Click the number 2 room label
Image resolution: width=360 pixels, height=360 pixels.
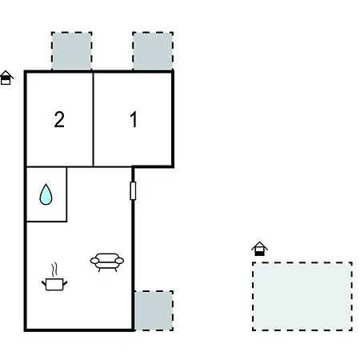pos(59,119)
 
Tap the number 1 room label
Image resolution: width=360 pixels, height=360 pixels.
pos(134,119)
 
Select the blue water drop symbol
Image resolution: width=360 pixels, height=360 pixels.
pos(46,194)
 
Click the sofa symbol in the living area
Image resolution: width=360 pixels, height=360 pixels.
pos(107,262)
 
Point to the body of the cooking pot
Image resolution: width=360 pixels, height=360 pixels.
pos(54,285)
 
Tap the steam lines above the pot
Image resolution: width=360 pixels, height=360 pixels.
pos(54,270)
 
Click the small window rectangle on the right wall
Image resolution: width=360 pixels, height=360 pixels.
pos(133,190)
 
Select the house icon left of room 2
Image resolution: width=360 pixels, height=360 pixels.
pos(6,78)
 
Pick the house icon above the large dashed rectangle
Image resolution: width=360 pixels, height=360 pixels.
pos(259,249)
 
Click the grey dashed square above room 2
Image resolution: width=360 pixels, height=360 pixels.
pos(72,51)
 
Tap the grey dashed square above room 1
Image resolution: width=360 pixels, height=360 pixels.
pos(153,51)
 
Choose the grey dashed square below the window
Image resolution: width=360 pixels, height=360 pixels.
pos(154,310)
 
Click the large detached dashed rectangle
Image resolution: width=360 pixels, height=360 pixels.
pos(302,297)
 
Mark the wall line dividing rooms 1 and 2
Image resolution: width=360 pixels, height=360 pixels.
pos(94,119)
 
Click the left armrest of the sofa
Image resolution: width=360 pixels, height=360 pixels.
pos(94,261)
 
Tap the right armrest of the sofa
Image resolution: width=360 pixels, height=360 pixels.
pos(119,261)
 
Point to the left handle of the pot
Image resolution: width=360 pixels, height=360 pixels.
pos(44,283)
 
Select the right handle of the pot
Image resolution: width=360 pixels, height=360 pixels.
pos(65,283)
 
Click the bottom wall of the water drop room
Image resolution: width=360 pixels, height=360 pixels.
pos(46,221)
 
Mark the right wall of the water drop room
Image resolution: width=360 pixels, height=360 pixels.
pos(66,194)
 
